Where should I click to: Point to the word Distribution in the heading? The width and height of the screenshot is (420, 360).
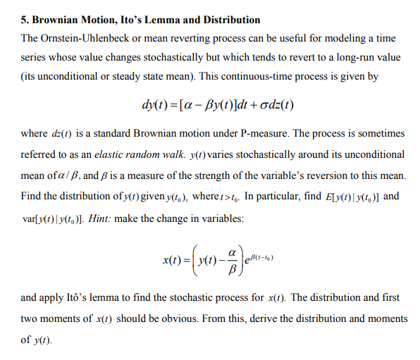[230, 20]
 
